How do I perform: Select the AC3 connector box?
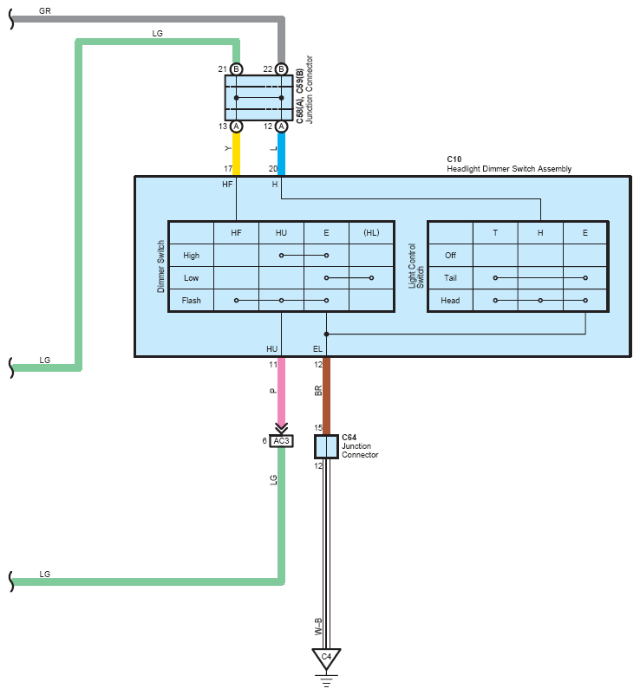pos(281,441)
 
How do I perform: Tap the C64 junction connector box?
pos(326,446)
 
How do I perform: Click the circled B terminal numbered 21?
pos(237,69)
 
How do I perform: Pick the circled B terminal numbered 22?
pos(281,69)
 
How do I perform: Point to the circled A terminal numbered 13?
pos(237,127)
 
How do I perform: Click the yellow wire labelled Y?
pos(237,153)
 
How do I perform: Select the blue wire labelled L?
pos(281,153)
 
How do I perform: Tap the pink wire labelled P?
pos(281,391)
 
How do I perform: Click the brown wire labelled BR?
pos(326,396)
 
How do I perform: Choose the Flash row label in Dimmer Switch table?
pos(191,301)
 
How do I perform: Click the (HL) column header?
pos(372,233)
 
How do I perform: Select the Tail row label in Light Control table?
pos(450,278)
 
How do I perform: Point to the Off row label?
pos(450,256)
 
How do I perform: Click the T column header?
pos(495,233)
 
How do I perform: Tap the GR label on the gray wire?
pos(45,10)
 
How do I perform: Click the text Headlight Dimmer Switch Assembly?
pos(509,169)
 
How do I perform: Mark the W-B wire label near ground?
pos(318,627)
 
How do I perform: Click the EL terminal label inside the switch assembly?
pos(317,349)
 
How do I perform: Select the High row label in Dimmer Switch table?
pos(191,256)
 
